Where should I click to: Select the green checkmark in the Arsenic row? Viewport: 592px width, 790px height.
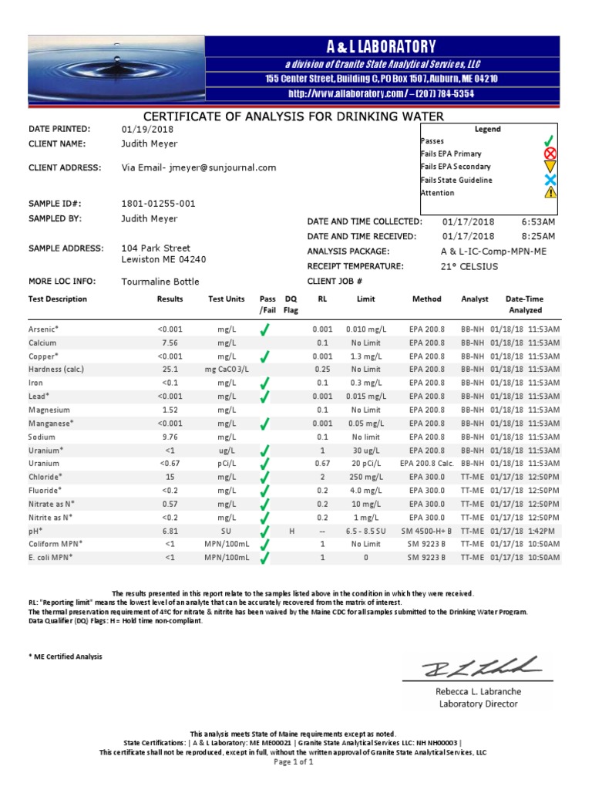click(x=265, y=329)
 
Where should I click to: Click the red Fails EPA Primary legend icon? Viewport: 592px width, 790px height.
click(x=550, y=154)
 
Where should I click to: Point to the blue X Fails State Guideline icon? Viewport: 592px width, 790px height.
click(x=550, y=180)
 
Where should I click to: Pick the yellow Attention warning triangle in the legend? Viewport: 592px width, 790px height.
click(x=550, y=193)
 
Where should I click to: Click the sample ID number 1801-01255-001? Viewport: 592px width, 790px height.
click(x=158, y=204)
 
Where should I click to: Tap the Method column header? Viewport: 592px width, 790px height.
click(x=426, y=299)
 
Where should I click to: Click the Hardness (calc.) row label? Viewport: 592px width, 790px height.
click(x=56, y=370)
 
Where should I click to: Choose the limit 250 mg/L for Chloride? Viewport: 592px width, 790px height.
click(x=365, y=478)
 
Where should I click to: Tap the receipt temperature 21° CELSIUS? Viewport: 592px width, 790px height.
click(x=464, y=266)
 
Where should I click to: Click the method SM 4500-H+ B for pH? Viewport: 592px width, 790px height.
click(x=426, y=532)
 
